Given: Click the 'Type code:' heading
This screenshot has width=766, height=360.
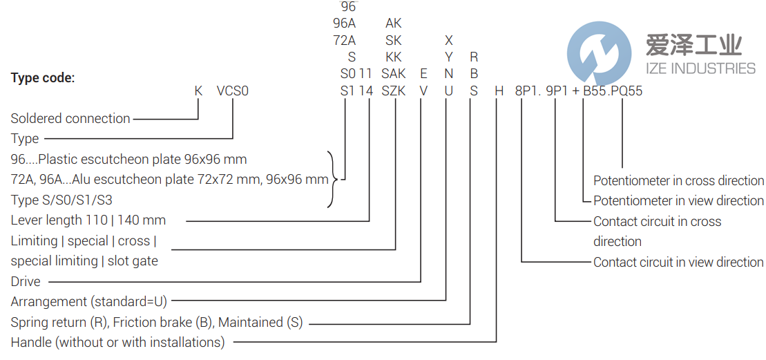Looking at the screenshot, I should coord(43,78).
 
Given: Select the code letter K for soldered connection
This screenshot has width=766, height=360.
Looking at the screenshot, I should coord(198,91).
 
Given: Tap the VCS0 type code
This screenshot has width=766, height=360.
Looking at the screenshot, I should coord(233,91).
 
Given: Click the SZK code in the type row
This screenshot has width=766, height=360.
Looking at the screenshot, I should coord(394,91).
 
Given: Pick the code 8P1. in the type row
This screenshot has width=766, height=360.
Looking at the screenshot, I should coord(528,91).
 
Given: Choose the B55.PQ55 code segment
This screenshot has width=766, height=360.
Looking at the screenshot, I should coord(613,91).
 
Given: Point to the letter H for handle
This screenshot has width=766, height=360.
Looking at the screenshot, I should coord(497,91).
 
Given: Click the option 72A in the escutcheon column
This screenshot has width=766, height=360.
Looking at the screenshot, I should coord(345,40).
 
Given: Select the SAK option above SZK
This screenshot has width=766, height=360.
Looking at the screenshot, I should coord(394,73).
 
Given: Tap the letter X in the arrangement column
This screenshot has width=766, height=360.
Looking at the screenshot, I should coord(448,40).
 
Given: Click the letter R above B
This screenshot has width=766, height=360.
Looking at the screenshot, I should coord(473,57).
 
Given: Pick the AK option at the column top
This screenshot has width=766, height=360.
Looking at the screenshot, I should coord(394,23).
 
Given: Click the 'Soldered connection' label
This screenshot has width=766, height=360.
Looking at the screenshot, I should coord(70,118).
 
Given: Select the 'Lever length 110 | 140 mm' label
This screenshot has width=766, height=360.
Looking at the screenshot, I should coord(88,220).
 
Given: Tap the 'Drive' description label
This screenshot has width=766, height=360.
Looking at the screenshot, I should coord(26,281).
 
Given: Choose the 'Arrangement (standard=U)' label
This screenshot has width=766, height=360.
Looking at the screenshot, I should coord(89,301).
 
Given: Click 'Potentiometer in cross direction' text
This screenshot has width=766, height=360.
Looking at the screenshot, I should coord(678,180).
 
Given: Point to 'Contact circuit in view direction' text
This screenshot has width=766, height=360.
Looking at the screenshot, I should coord(678,262).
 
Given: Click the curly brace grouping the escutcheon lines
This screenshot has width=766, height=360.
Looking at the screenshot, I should coord(334,180).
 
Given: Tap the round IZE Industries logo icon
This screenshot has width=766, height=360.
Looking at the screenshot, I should coord(599,53).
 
